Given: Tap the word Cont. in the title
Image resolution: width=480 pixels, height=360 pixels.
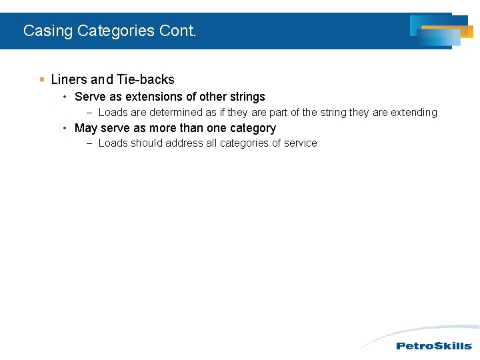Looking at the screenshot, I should coord(178,31).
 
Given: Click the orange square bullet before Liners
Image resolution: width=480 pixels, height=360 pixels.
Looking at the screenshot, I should coord(42,79).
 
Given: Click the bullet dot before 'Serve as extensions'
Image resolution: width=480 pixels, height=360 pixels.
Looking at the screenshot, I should coord(64,97).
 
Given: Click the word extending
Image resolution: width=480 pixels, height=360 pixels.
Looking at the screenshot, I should coord(413,113).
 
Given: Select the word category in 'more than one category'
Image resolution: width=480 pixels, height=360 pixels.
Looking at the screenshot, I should coord(252,128).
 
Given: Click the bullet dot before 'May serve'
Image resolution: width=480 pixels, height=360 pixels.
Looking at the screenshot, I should coord(64,128).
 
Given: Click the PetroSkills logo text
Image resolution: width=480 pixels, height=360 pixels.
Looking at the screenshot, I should coord(434,346).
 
